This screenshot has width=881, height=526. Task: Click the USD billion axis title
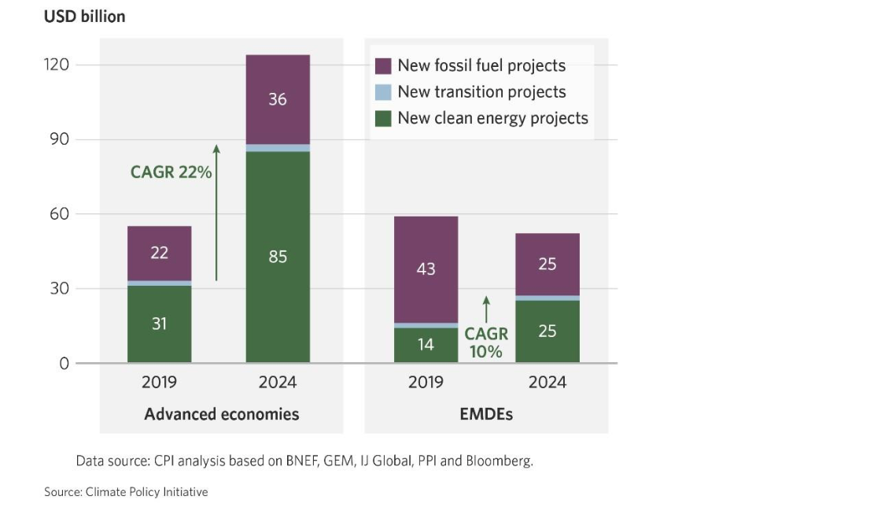click(84, 17)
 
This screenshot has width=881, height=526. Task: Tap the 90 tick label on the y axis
click(58, 139)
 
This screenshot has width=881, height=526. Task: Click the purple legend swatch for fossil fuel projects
click(383, 66)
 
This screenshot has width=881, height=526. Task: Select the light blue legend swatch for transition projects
click(383, 92)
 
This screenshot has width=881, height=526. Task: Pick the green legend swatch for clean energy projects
click(383, 118)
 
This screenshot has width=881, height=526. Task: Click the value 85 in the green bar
click(278, 256)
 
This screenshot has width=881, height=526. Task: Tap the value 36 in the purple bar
click(278, 100)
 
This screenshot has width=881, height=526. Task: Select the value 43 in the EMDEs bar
click(426, 269)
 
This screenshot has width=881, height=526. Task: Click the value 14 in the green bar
click(426, 344)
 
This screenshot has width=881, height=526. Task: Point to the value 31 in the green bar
click(160, 324)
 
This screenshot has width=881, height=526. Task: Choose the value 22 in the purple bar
click(160, 253)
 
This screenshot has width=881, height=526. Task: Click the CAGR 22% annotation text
click(171, 172)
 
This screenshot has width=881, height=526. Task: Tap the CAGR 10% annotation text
click(486, 343)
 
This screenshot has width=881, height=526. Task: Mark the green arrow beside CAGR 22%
click(216, 213)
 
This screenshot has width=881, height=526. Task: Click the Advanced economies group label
click(222, 413)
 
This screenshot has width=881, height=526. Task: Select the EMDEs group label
click(486, 413)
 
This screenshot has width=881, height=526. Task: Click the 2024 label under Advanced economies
click(278, 383)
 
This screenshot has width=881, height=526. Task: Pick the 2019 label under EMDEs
click(426, 383)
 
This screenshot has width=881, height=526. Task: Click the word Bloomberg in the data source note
click(500, 461)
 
